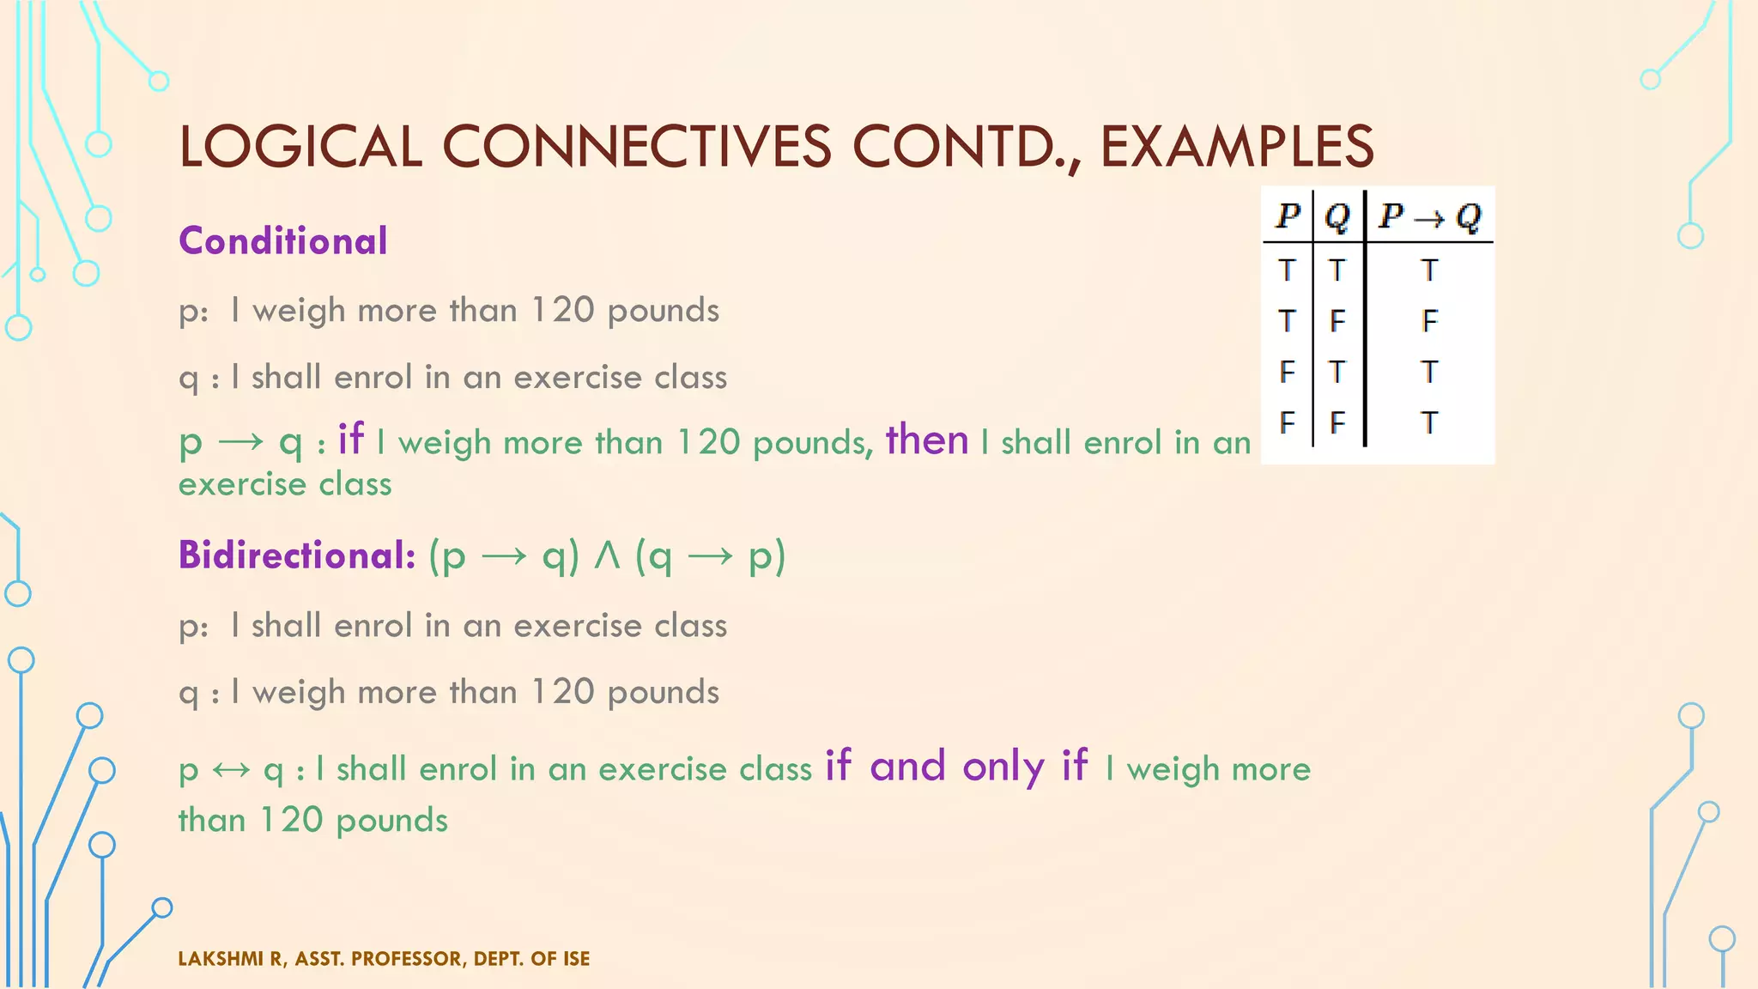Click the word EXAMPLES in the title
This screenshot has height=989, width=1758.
pos(1236,146)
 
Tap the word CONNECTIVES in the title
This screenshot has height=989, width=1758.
pos(636,146)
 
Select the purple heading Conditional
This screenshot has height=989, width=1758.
pos(283,241)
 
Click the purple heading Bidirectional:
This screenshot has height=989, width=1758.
pos(297,555)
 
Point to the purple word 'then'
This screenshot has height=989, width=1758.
pos(927,440)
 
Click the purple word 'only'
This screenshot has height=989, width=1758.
pos(1003,766)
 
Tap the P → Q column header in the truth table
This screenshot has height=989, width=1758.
pos(1429,216)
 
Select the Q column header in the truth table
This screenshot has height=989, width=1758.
pos(1337,216)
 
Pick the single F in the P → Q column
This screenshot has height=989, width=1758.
pos(1429,321)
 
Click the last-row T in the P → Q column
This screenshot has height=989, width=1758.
pos(1429,422)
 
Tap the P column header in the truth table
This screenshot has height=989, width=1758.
pos(1288,216)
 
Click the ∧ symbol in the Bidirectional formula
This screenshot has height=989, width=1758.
pos(607,556)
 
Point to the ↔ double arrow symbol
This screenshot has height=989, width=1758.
pos(230,769)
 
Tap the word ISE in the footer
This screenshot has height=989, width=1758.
pos(576,959)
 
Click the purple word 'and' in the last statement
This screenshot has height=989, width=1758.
pos(908,766)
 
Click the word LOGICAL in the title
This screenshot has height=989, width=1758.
pos(300,146)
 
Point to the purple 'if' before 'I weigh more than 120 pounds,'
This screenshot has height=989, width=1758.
pos(350,440)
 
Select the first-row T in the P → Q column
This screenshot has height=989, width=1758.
pos(1429,270)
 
